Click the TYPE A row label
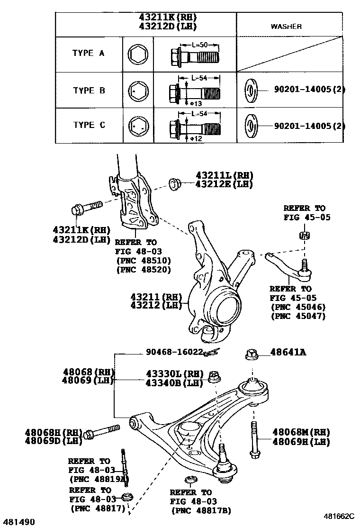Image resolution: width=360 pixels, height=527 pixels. pos(89,53)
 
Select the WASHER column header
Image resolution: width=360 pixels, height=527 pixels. pos(286,27)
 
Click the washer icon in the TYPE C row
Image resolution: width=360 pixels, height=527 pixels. pos(250,126)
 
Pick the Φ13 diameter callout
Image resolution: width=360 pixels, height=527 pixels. pos(196,103)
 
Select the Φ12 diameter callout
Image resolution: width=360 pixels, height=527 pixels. pos(196,138)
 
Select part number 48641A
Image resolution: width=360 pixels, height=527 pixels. pos(288,352)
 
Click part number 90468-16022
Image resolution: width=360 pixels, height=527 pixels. pos(174,353)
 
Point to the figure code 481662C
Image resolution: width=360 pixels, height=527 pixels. pos(339,516)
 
